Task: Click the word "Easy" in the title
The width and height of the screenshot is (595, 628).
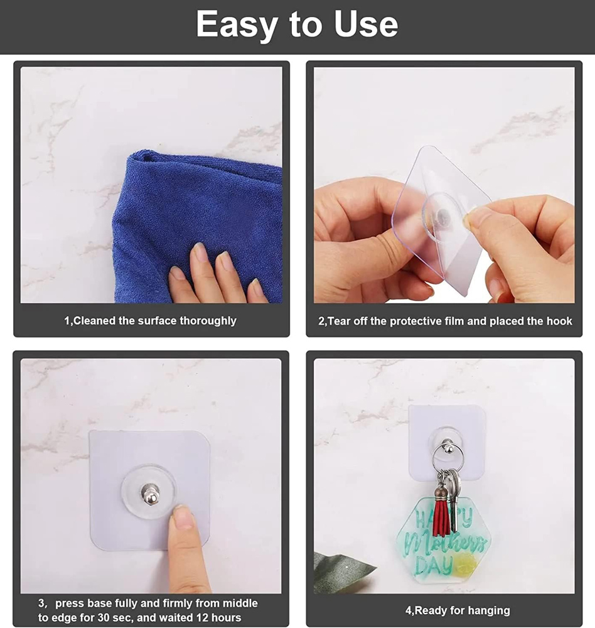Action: point(237,25)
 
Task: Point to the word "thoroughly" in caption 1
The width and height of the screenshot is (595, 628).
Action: point(208,321)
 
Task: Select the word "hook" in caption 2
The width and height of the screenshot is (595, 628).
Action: point(559,321)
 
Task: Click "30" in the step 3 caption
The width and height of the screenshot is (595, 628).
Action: point(104,617)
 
